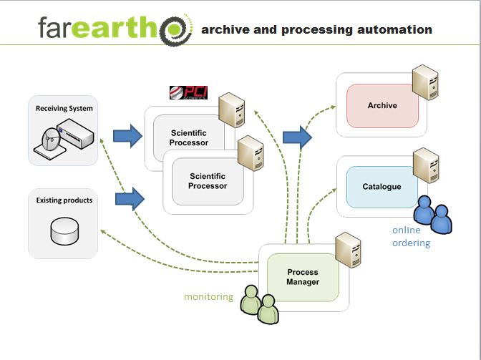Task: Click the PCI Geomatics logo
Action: coord(188,92)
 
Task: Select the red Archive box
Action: coord(382,106)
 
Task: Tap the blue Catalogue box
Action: coord(382,187)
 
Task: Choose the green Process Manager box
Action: coord(302,276)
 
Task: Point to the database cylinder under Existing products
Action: coord(63,230)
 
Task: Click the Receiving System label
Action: coord(64,109)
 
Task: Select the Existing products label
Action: coord(64,200)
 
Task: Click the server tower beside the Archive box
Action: coord(424,84)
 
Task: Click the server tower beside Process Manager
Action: coord(346,250)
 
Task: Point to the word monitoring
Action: coord(208,296)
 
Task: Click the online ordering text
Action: coord(411,236)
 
